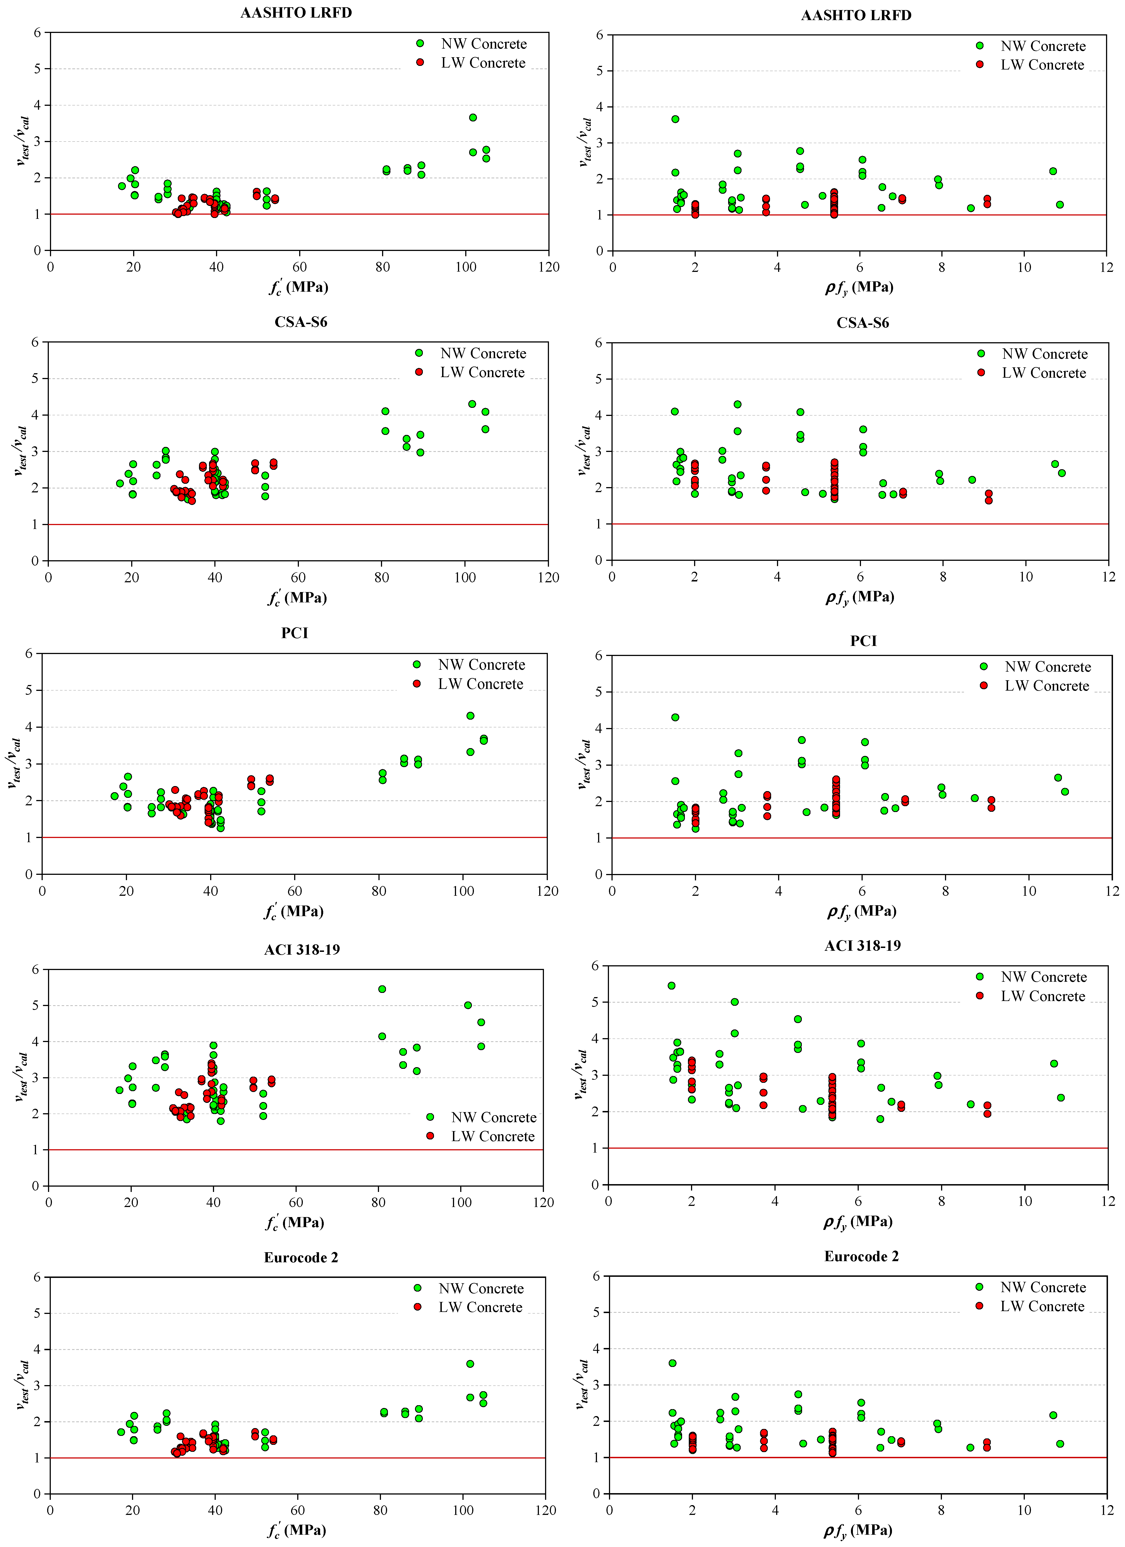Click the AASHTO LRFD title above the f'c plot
[x=296, y=13]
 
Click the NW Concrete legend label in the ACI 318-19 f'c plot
[x=494, y=1117]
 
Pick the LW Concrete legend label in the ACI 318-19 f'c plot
[x=492, y=1136]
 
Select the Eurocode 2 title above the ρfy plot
[x=861, y=1256]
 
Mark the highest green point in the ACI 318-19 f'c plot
[x=382, y=989]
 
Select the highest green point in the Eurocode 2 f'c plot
[x=470, y=1364]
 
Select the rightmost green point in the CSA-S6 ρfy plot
[x=1062, y=473]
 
